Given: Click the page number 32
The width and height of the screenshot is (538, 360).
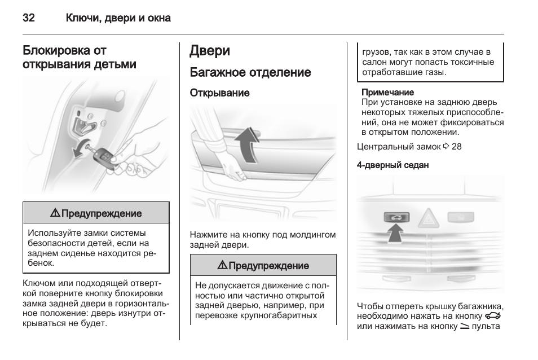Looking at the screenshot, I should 29,18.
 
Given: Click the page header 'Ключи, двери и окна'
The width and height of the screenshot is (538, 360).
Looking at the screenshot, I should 118,18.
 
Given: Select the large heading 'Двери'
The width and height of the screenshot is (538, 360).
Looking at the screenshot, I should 210,51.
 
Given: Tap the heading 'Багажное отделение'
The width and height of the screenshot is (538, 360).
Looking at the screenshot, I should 250,72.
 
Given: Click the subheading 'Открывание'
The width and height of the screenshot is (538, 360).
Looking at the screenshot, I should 219,93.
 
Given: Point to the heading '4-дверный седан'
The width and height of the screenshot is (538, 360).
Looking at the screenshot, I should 393,165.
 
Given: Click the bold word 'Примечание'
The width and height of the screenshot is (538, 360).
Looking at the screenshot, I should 387,92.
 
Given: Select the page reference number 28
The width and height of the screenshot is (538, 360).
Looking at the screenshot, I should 456,147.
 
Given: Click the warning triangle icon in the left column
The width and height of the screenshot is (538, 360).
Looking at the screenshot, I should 55,214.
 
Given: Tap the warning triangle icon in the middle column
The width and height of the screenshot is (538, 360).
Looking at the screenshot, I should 222,266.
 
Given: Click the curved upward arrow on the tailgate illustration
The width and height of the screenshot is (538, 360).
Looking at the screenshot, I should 246,144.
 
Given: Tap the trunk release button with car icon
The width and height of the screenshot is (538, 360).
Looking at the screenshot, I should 397,217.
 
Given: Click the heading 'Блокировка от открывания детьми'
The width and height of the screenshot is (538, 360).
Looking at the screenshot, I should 80,58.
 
